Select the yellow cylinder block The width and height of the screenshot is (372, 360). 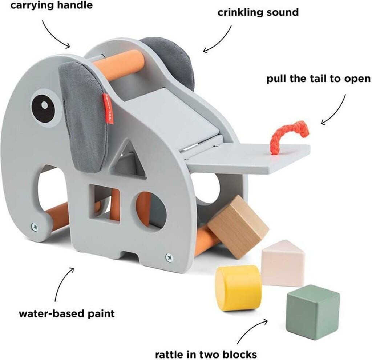coord(238,287)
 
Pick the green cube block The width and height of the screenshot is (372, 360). coord(313,311)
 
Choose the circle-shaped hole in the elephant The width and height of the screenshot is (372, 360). coord(151,209)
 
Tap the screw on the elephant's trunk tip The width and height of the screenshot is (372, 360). coord(35,226)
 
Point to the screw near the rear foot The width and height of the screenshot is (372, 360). coord(169,257)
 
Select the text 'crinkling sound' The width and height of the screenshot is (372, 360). coord(258,12)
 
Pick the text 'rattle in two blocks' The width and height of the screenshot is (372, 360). coord(206,353)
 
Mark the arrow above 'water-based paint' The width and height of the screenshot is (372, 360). coord(64,284)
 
